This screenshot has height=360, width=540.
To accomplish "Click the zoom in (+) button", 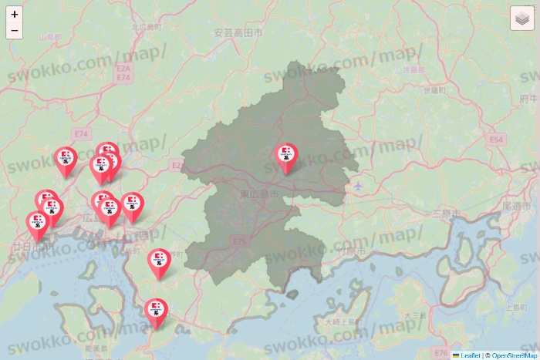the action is tap(15, 14).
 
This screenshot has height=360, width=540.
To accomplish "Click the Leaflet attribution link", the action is tap(468, 355).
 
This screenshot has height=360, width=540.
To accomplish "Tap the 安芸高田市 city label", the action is tap(238, 33).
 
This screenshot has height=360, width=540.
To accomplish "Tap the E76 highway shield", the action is tap(441, 352).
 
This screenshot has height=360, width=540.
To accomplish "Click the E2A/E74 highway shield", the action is tap(122, 73).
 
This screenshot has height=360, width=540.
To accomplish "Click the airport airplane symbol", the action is tap(358, 187).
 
